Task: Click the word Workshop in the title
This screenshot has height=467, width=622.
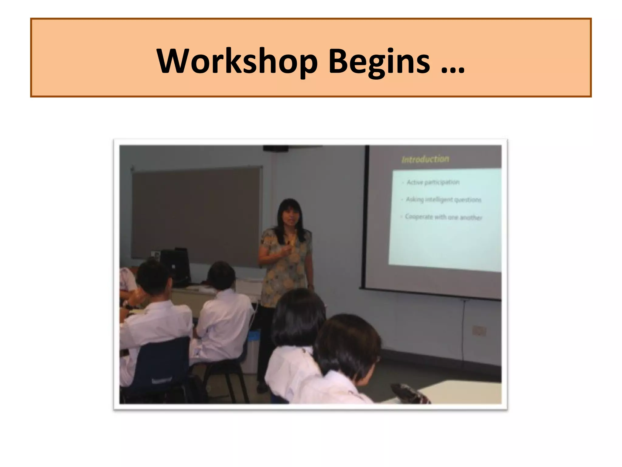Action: point(237,62)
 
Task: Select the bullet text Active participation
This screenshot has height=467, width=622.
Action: point(433,182)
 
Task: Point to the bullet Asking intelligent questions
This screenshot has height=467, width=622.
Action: point(443,199)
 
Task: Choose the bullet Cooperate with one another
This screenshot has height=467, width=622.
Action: point(443,217)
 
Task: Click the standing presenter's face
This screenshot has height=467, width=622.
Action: point(290,216)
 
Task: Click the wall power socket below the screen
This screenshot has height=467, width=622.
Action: point(479,330)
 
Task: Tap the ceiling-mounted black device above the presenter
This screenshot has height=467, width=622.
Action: point(276,148)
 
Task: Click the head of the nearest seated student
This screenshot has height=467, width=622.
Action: point(348,344)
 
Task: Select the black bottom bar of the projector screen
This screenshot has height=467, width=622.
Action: point(431,294)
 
